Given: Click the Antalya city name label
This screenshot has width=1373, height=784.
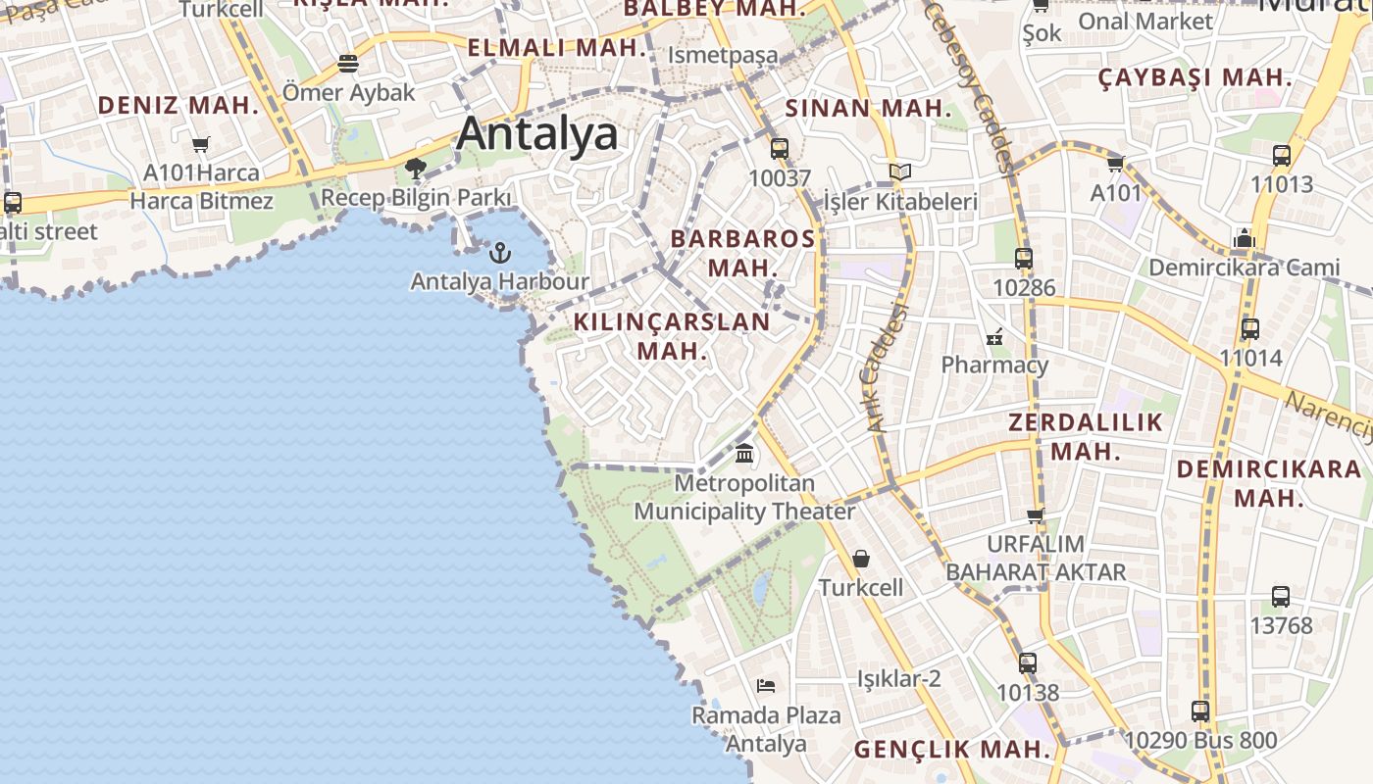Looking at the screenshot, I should pos(537,133).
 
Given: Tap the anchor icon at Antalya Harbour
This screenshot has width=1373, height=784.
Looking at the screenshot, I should pos(500,253).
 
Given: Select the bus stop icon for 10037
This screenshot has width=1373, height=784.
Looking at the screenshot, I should pos(780,149).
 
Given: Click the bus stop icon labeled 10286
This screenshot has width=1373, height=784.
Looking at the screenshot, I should pos(1024,259).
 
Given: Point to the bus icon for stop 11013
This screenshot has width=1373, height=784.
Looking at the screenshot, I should pos(1282,155).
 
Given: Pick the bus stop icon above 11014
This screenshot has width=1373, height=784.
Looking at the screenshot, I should pos(1250,328).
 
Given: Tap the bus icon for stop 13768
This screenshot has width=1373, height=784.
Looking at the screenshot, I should pos(1281,596).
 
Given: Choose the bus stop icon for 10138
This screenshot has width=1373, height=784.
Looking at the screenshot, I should pos(1027,663).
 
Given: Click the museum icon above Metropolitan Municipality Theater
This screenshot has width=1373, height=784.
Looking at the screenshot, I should pos(744,454).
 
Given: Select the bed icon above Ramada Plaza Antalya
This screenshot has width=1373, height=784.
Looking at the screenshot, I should pos(766,685).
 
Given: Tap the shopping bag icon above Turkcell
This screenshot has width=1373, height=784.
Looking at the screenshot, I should pos(861,559).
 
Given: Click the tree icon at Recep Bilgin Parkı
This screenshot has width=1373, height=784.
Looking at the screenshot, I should pos(416,169).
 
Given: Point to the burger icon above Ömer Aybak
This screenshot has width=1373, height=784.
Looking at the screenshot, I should pos(348,65).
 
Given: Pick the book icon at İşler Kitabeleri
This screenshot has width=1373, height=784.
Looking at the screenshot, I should pos(899,172).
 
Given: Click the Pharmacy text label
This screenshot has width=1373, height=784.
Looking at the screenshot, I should pos(994,365).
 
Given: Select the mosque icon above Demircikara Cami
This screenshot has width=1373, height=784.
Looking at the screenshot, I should pos(1245,238).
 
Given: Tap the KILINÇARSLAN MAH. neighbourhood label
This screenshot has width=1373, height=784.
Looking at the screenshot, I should pos(672,336).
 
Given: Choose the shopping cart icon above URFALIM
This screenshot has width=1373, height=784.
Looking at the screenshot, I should pos(1035,515).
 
